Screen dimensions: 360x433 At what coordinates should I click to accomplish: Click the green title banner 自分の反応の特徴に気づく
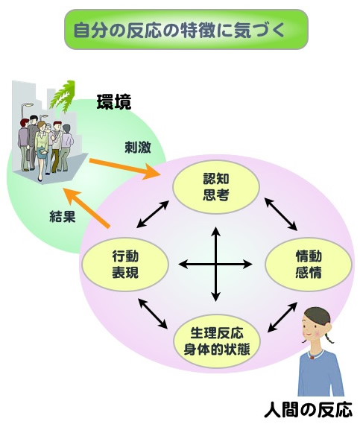[186, 30]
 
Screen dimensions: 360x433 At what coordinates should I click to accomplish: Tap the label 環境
[114, 102]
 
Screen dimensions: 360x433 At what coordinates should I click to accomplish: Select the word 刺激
[138, 147]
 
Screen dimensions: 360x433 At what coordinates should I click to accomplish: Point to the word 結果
[63, 216]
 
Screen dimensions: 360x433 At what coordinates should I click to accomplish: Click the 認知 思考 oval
[216, 187]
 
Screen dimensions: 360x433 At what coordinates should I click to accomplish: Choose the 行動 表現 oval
[125, 265]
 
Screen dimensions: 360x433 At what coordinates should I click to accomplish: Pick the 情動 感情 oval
[309, 265]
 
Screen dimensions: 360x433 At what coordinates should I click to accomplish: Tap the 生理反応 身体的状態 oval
[217, 341]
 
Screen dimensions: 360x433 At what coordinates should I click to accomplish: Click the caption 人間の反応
[308, 410]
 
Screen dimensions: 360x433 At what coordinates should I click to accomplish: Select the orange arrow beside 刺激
[124, 168]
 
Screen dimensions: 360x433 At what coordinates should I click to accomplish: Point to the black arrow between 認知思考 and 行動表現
[153, 215]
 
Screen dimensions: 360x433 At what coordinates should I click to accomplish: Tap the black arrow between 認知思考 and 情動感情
[281, 214]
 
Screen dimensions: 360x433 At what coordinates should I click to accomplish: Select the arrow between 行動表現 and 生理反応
[153, 314]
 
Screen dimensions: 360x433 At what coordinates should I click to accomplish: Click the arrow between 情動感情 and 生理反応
[282, 317]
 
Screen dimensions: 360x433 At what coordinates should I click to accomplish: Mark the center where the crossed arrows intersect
[215, 265]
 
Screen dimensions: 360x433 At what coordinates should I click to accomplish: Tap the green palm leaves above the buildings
[63, 96]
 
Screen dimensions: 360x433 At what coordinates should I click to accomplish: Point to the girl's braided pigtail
[329, 338]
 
